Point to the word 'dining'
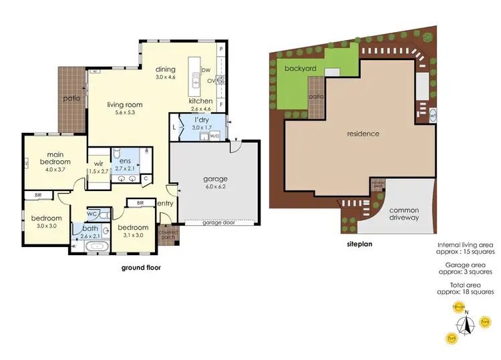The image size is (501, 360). click(x=165, y=69)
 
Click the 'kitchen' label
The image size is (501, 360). click(x=200, y=101)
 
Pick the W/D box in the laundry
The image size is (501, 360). click(x=214, y=136)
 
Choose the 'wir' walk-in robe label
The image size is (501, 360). click(x=98, y=162)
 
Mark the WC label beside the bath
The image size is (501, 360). click(x=92, y=214)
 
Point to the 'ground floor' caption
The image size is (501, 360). click(x=140, y=268)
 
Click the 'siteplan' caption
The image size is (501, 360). click(x=359, y=244)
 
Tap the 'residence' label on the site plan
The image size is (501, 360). click(x=363, y=134)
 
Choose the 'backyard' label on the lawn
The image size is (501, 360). click(x=300, y=69)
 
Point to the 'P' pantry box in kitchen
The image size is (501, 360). click(x=221, y=49)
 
